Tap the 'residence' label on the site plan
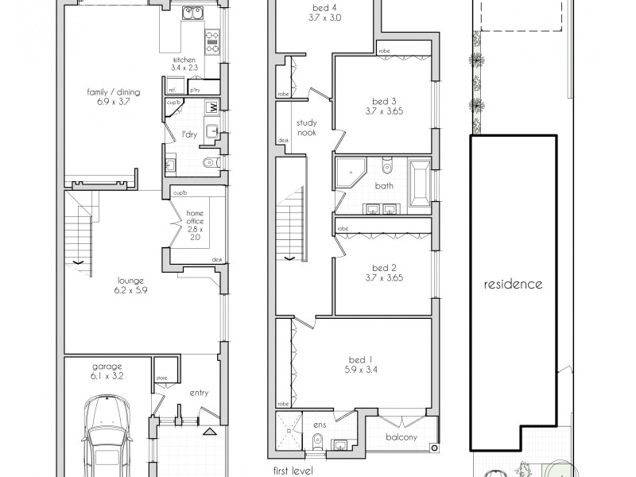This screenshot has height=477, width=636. (x=514, y=284)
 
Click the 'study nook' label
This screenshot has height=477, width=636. (x=308, y=128)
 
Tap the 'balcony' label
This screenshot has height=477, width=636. (x=403, y=437)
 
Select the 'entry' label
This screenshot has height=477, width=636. (x=198, y=393)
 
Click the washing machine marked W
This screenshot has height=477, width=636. (x=212, y=108)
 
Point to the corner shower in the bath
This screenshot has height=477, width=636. (x=348, y=171)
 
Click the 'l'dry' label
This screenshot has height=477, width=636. (x=189, y=134)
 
